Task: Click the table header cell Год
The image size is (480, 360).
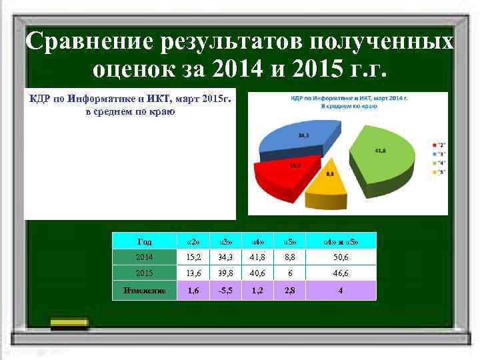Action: [144, 241]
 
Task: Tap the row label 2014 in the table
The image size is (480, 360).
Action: [144, 257]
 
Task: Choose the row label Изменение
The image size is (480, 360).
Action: [144, 290]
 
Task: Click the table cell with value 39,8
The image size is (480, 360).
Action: [225, 273]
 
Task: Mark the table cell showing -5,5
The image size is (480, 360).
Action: [225, 290]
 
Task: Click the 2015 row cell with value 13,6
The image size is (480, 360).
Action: [193, 273]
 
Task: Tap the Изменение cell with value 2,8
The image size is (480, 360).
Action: [289, 290]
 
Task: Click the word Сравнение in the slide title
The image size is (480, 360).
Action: [87, 42]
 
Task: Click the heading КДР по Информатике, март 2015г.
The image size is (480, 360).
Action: [130, 99]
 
